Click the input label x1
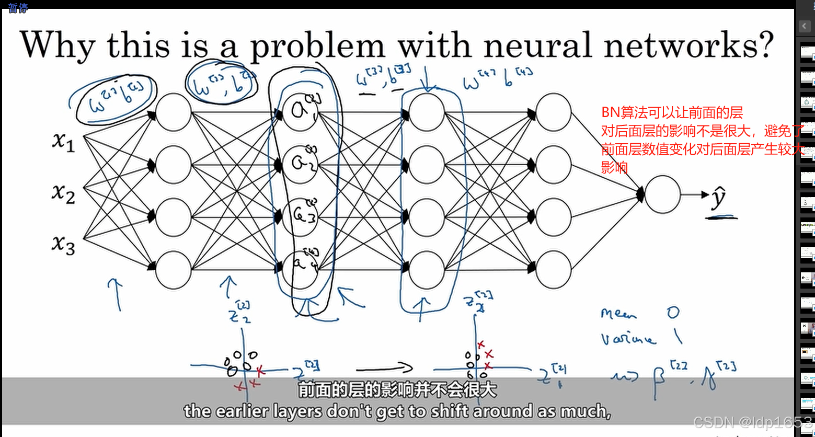click(63, 141)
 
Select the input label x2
click(63, 193)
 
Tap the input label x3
click(63, 244)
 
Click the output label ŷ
click(719, 198)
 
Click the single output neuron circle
click(662, 194)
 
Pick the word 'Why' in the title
click(58, 46)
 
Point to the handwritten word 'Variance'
click(627, 339)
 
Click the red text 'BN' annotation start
click(610, 112)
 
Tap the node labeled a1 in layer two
click(300, 111)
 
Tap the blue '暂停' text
click(18, 8)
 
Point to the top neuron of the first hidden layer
click(174, 112)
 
